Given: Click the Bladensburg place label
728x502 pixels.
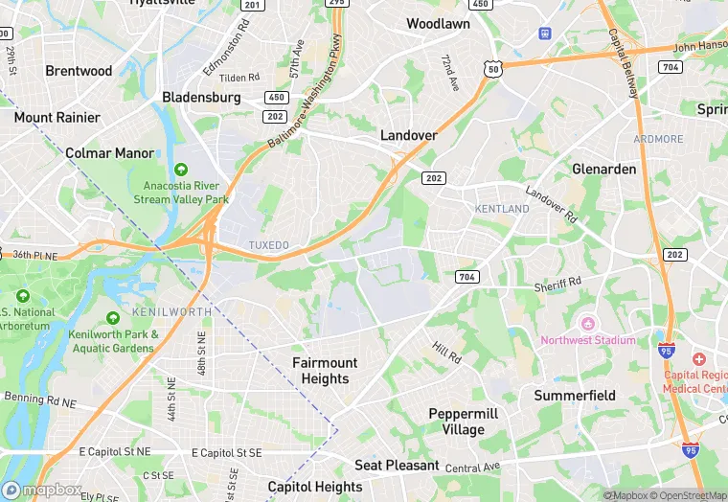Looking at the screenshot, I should point(201,97).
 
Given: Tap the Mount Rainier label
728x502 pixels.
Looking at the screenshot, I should point(57,117).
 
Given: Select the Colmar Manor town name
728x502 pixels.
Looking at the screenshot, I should point(109,152).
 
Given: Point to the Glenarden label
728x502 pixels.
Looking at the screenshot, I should point(603,169).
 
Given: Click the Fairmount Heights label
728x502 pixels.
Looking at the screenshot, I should point(325,371).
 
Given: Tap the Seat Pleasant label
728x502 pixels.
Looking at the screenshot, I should point(397,466).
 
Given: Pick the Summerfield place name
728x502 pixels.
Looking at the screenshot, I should point(575,396).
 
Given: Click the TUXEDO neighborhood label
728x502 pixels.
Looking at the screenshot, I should point(268,245).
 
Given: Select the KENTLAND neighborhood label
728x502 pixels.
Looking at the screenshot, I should point(502,208).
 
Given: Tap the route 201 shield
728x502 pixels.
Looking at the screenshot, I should point(252,5).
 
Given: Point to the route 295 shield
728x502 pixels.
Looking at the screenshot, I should point(336,3).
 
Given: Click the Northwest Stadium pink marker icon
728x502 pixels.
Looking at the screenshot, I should point(588,322).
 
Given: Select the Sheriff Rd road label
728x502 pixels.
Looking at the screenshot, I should point(557,284).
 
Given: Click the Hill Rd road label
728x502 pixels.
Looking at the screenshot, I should point(445,354).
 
